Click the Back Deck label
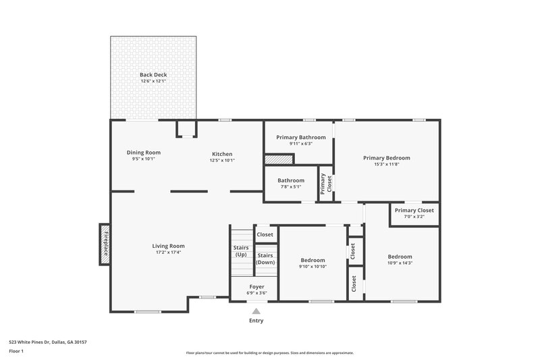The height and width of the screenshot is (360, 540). coord(153,75)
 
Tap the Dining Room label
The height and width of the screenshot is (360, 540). coord(143,153)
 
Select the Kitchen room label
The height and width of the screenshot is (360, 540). coord(222,154)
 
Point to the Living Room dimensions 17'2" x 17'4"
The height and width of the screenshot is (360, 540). coord(168,252)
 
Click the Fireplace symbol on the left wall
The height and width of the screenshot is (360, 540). coord(105,244)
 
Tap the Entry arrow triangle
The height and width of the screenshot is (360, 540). coord(256,311)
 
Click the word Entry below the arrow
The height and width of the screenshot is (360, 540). coord(256,321)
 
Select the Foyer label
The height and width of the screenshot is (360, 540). coord(256,287)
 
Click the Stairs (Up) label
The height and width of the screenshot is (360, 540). coord(241,251)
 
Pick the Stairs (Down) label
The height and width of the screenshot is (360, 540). coord(265,259)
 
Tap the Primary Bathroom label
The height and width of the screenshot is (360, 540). coord(300,138)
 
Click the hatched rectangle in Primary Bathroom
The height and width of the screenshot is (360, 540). coord(279,159)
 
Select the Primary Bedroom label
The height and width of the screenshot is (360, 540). coord(386,158)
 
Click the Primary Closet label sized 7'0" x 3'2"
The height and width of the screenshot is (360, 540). coord(414,211)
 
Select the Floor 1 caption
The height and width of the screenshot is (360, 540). coord(16,351)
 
